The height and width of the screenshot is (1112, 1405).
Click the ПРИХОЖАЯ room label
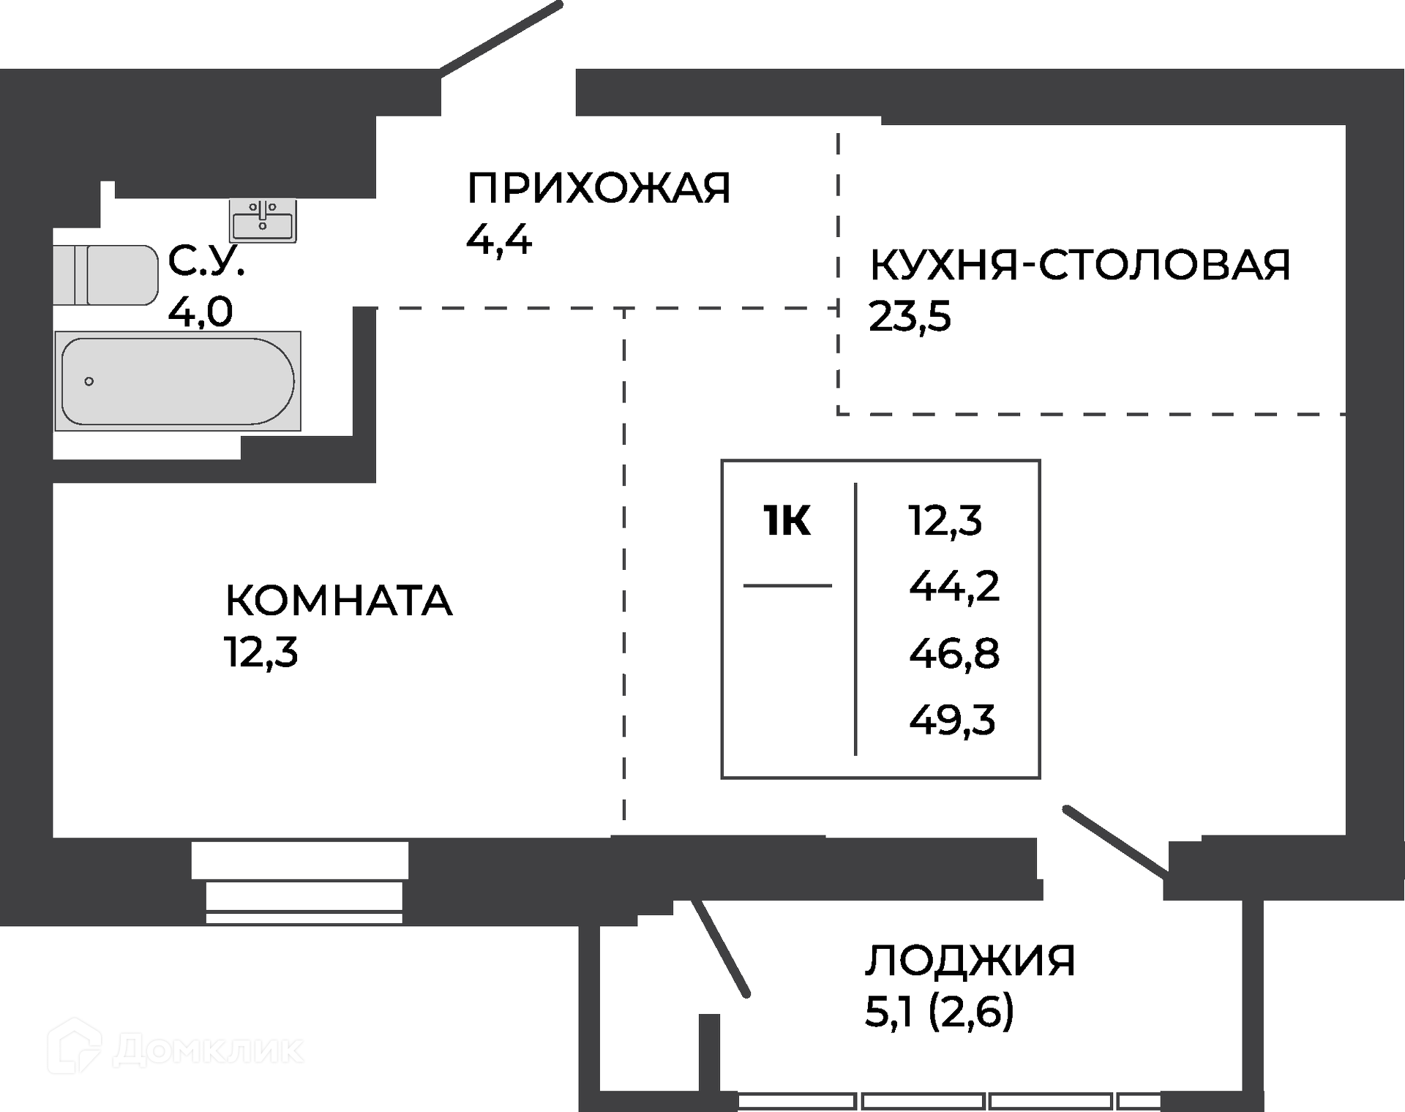(x=599, y=188)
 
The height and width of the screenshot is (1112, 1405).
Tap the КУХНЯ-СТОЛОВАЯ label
(x=1080, y=265)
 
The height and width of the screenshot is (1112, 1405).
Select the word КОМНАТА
(x=339, y=601)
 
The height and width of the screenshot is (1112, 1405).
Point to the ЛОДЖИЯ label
(x=970, y=961)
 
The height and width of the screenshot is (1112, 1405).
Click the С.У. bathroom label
(x=206, y=260)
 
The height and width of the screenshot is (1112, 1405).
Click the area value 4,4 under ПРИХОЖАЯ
(x=499, y=239)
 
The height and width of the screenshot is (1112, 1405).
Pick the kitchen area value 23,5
(x=910, y=317)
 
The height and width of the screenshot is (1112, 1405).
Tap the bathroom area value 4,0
(x=201, y=312)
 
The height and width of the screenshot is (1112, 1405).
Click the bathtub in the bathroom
(x=178, y=380)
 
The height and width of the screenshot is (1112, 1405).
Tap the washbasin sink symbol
(x=263, y=219)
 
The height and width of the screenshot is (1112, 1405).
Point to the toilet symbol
(x=105, y=275)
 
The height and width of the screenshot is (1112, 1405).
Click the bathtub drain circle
(x=89, y=381)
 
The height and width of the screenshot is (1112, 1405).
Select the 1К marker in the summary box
(x=787, y=522)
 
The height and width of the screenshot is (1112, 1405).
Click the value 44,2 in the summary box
(x=954, y=586)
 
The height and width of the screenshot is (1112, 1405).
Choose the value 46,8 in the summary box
(x=954, y=653)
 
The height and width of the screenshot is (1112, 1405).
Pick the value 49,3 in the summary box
(x=952, y=720)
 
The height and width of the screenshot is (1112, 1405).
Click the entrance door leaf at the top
(x=501, y=37)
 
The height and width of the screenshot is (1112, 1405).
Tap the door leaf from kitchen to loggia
(x=1115, y=841)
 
